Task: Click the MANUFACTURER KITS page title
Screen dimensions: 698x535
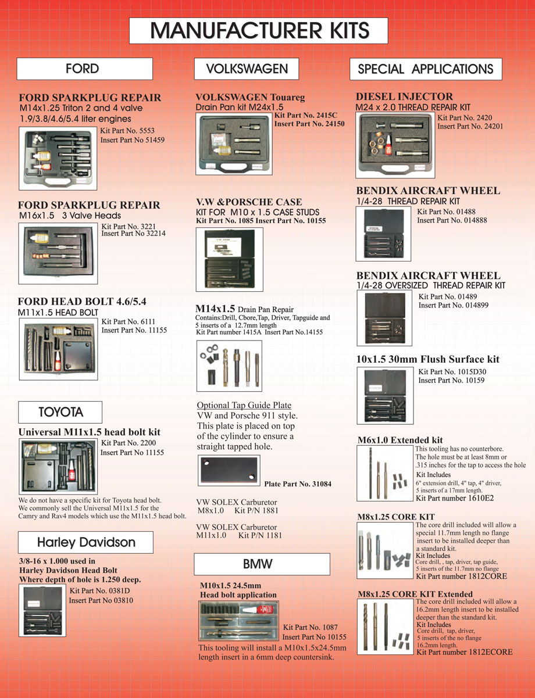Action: tap(258, 30)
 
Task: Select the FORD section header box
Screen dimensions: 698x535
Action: tap(84, 69)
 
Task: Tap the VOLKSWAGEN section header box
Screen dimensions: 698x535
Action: tap(247, 69)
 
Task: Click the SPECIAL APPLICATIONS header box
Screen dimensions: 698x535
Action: tap(426, 69)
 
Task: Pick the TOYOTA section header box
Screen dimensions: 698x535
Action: tap(60, 412)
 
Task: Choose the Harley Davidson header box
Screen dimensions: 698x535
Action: tap(86, 542)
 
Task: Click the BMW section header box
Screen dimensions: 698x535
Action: tap(262, 564)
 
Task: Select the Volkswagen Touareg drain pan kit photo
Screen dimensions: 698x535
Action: tap(234, 144)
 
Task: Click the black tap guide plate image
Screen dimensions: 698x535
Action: tap(228, 470)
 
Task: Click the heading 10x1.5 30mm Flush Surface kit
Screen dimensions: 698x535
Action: tap(427, 360)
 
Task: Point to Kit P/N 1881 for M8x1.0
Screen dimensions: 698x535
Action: tap(256, 510)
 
